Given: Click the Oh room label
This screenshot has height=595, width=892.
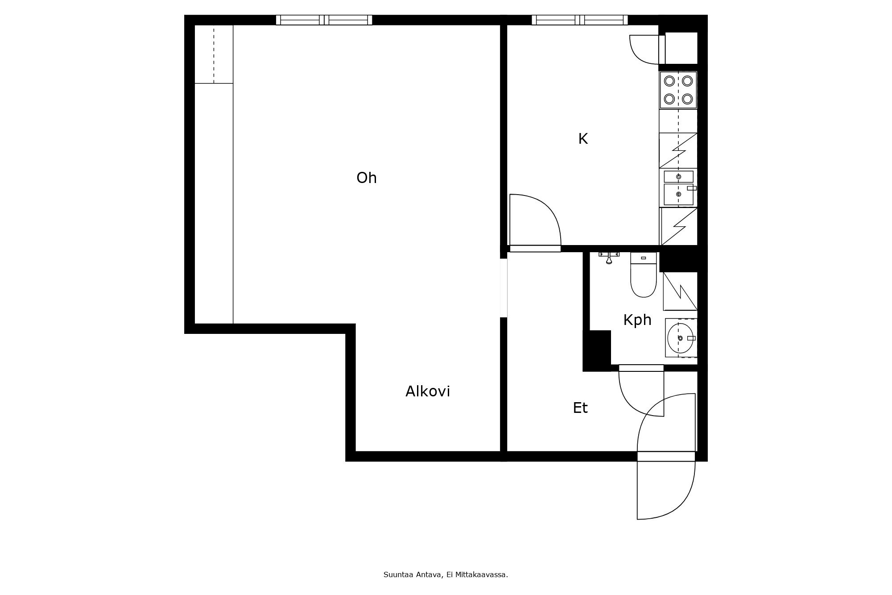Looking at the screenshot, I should tap(367, 178).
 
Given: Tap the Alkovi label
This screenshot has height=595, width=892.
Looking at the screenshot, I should tap(427, 391).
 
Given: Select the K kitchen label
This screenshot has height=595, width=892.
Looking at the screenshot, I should tap(582, 139).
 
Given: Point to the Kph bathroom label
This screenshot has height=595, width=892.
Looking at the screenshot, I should tap(637, 320).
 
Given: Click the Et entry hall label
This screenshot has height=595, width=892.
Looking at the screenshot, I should tap(580, 408).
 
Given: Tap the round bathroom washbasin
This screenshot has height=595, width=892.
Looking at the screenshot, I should tap(680, 338).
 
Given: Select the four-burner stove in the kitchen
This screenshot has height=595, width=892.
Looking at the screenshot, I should tap(678, 90).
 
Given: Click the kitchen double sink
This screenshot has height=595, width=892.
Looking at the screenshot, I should tap(678, 188).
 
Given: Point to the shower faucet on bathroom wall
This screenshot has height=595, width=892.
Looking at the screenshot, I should tap(609, 257).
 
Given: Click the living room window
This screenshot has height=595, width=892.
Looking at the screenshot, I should tap(324, 20).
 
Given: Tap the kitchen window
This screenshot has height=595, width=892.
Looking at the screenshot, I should tap(579, 20).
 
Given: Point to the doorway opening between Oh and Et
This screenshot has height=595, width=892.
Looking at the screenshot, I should tap(504, 288).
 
